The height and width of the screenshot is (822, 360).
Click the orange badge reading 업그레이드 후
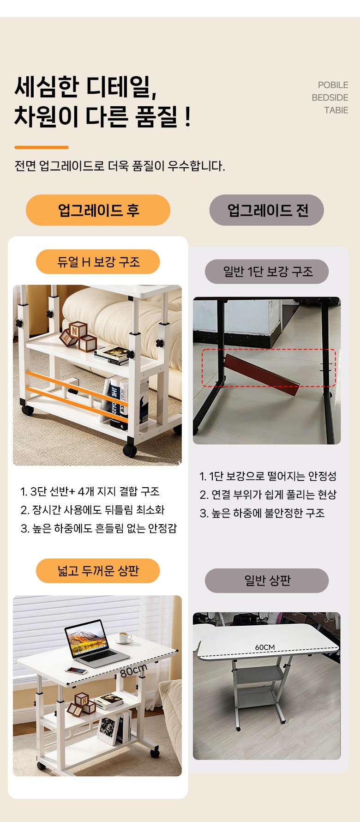pyautogui.click(x=98, y=210)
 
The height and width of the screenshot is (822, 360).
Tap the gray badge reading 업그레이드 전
pyautogui.click(x=267, y=210)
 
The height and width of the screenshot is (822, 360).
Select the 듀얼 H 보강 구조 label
pyautogui.click(x=98, y=262)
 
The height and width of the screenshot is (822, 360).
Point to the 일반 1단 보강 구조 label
pyautogui.click(x=267, y=271)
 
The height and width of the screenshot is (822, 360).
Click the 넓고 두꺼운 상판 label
pyautogui.click(x=98, y=571)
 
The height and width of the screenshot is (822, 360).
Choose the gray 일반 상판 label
pyautogui.click(x=267, y=580)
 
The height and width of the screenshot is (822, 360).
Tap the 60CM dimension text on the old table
pyautogui.click(x=265, y=647)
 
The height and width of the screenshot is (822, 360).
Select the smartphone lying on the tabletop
pyautogui.click(x=76, y=671)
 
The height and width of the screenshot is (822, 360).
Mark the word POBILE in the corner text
pyautogui.click(x=333, y=85)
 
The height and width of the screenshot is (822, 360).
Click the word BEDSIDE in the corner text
pyautogui.click(x=330, y=97)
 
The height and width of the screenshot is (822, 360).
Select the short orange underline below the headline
pyautogui.click(x=42, y=147)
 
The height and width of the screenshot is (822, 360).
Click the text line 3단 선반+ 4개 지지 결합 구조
pyautogui.click(x=90, y=491)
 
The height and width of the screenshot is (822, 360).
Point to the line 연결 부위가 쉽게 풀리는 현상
pyautogui.click(x=268, y=495)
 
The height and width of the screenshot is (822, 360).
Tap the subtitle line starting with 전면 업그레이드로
pyautogui.click(x=120, y=166)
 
